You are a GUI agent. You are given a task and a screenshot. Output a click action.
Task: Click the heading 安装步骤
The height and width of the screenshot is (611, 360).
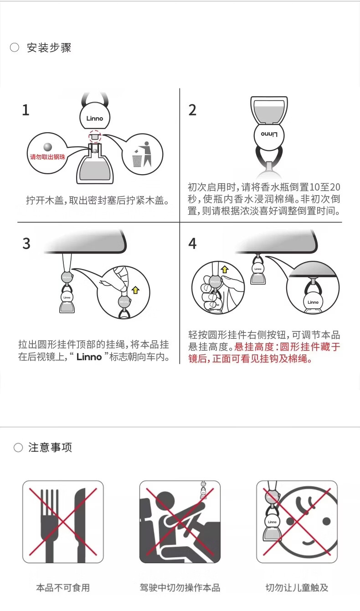click(x=49, y=48)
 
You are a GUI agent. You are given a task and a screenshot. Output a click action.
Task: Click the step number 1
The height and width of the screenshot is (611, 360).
click(x=26, y=110)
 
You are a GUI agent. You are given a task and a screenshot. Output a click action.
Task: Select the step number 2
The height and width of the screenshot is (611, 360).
click(x=192, y=110)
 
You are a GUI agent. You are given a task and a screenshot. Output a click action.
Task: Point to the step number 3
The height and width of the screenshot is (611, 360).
click(x=26, y=243)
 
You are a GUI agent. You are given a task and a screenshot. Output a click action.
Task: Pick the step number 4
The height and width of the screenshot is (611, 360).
click(x=192, y=243)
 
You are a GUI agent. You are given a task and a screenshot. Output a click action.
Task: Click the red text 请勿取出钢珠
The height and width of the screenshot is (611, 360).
click(x=48, y=157)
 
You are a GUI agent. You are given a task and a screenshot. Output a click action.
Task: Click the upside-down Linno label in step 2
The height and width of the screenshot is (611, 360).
click(x=269, y=134)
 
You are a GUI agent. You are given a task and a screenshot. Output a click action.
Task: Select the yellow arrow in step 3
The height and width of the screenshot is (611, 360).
click(x=135, y=290)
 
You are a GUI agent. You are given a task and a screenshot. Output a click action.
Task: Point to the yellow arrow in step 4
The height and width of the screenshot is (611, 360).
click(x=224, y=269)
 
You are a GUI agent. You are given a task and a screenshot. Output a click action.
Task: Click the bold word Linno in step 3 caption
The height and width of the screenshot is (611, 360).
click(x=89, y=357)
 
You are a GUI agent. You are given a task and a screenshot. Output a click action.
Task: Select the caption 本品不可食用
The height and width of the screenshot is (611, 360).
click(x=63, y=588)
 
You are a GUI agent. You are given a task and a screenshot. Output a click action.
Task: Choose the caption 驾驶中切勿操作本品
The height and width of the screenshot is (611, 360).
click(x=180, y=588)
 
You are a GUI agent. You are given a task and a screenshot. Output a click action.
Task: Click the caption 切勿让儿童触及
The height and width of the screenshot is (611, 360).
click(x=297, y=588)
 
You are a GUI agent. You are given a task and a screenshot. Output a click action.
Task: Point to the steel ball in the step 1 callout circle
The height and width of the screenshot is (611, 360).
click(x=48, y=146)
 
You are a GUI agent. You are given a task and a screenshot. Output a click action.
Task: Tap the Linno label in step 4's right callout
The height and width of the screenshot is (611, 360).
click(x=313, y=302)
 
